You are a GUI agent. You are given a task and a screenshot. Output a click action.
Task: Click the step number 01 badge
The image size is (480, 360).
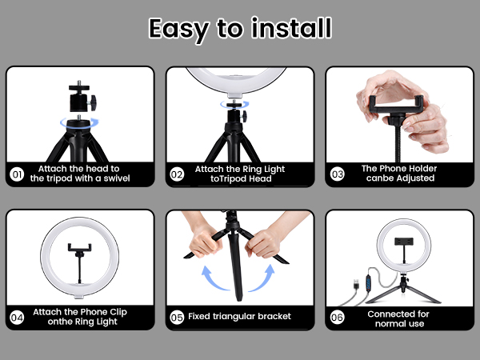point(17,174)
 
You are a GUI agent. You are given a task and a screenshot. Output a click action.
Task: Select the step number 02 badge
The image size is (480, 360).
point(177,174)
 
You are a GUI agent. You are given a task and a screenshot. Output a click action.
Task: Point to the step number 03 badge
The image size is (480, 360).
point(337,174)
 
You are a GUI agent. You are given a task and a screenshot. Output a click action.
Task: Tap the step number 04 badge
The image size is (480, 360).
point(17,318)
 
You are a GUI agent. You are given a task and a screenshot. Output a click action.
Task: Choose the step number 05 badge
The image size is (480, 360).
point(177,317)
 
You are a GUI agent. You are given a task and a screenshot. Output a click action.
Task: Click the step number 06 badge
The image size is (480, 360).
point(337,317)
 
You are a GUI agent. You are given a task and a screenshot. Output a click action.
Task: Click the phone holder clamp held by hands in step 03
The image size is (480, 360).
point(397,106)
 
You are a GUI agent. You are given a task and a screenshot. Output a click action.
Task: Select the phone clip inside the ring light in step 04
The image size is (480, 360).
point(79,249)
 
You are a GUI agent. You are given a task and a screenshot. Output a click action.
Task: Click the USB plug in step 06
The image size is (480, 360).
point(356,284)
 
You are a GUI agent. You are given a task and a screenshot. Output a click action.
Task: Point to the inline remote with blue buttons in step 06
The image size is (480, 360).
point(368,283)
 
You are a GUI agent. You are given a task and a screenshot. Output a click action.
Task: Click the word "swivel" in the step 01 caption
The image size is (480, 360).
point(117,178)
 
